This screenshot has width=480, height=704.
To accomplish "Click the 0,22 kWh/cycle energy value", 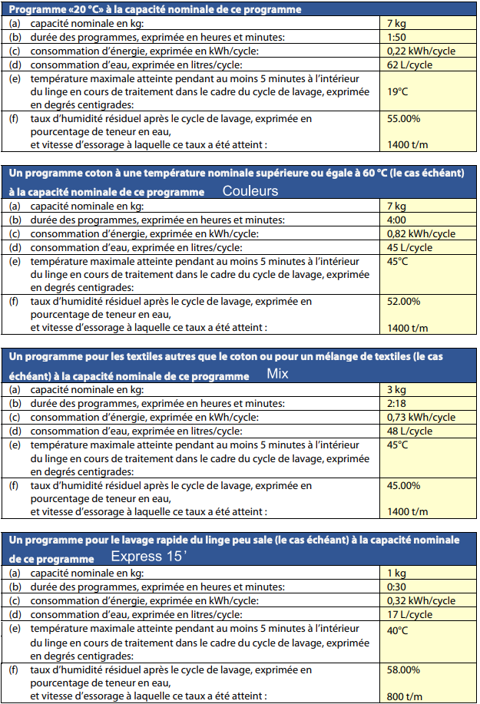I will (421, 51).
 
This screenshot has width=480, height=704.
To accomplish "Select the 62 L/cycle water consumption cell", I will (409, 64).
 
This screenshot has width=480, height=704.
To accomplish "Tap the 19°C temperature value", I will (399, 91).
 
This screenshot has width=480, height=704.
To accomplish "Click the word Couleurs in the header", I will (250, 190).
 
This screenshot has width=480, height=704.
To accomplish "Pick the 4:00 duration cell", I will (397, 220).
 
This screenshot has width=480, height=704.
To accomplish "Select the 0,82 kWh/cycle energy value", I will (421, 233).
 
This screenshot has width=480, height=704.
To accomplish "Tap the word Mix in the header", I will (277, 375).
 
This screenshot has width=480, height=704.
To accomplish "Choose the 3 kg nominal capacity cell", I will (396, 389).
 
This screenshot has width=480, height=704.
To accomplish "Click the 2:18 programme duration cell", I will (397, 403).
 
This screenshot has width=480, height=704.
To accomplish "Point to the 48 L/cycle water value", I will (409, 431).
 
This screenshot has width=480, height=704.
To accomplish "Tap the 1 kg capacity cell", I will (396, 573).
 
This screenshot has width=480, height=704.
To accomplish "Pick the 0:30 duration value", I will (397, 587).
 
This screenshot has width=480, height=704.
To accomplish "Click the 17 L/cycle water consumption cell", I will (409, 614).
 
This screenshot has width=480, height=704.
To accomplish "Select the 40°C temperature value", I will (399, 631).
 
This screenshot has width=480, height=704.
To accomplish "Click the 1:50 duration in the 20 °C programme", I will (397, 37).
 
